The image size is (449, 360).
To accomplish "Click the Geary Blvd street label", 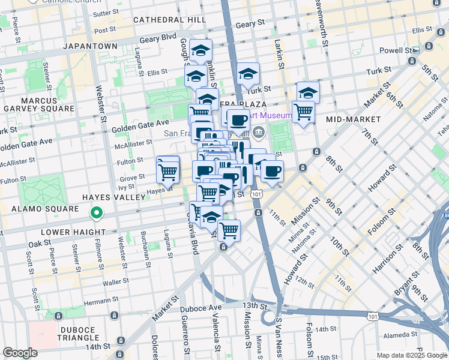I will pos(158,39).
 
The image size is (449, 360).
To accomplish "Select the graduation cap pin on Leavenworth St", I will pos(308,92).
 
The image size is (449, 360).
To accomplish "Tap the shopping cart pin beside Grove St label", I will pos(168,172).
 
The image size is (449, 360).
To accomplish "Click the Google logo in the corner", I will pos(20,353).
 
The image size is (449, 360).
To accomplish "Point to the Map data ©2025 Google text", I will pos(411,355).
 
